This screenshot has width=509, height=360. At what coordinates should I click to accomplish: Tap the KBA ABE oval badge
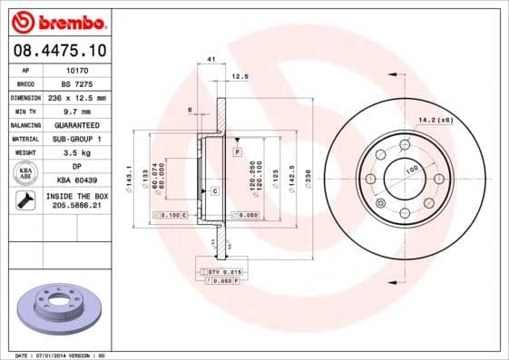(x=24, y=173)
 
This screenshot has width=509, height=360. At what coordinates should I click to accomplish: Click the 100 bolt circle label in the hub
(x=410, y=170)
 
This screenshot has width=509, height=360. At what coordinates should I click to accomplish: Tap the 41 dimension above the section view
(x=210, y=59)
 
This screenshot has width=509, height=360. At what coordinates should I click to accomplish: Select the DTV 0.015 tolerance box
(x=221, y=271)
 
